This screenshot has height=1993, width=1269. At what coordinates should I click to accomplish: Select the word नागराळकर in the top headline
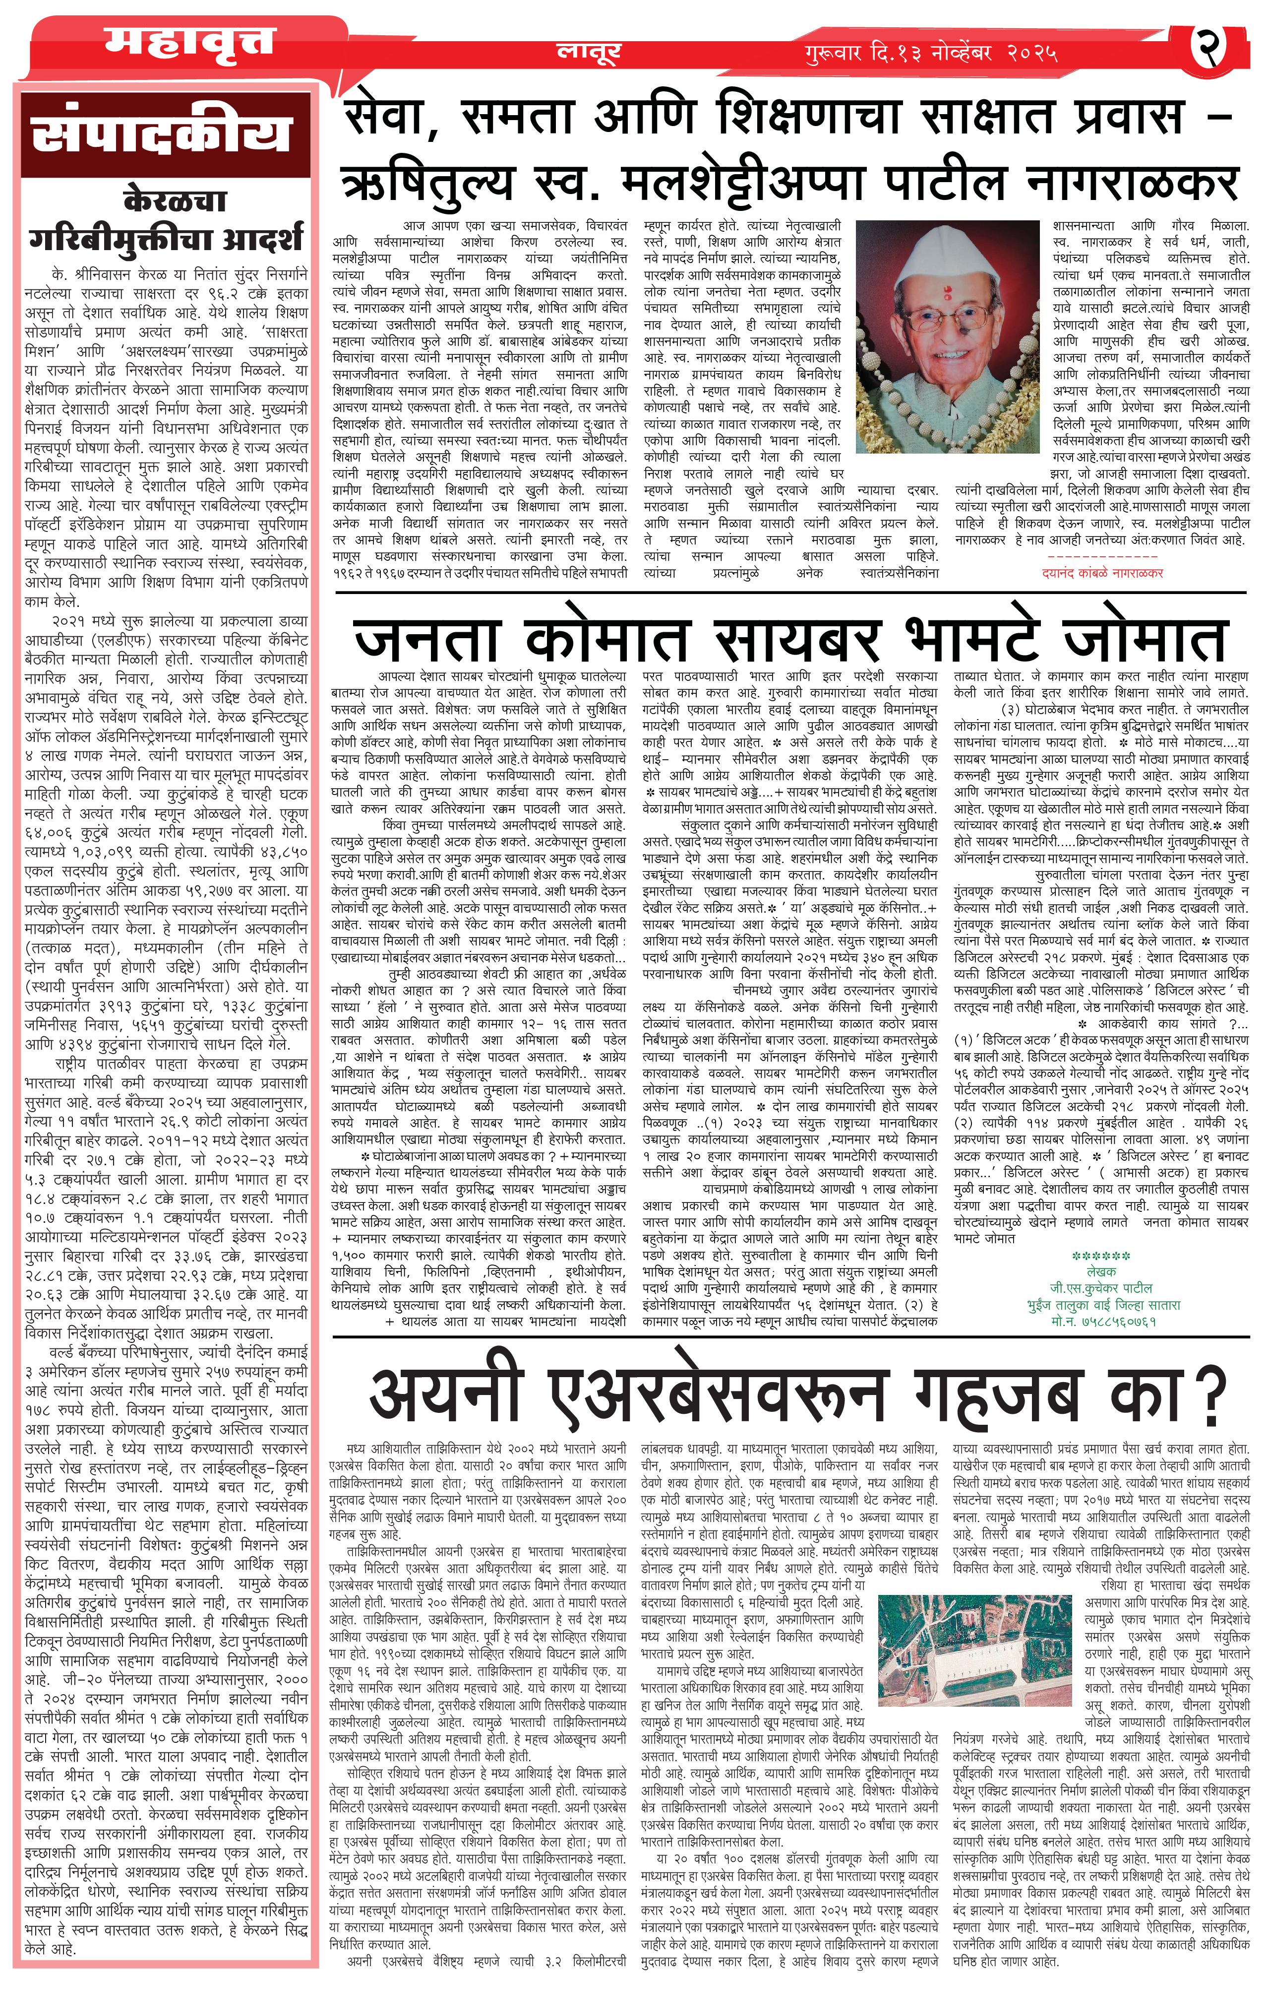pyautogui.click(x=1132, y=183)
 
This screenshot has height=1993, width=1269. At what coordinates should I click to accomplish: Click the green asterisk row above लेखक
pyautogui.click(x=1100, y=1257)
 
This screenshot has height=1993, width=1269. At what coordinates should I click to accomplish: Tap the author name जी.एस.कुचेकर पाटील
pyautogui.click(x=1100, y=1288)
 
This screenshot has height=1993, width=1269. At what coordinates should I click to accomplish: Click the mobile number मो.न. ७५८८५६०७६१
pyautogui.click(x=1103, y=1321)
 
